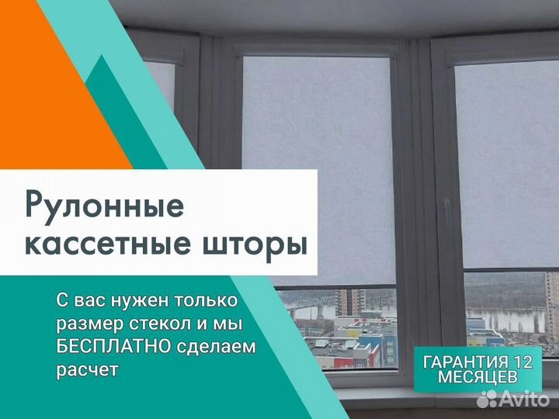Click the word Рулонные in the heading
(105, 207)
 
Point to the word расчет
(87, 370)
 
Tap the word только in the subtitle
(205, 300)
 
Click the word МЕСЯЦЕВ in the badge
(477, 377)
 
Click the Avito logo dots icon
(488, 400)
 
